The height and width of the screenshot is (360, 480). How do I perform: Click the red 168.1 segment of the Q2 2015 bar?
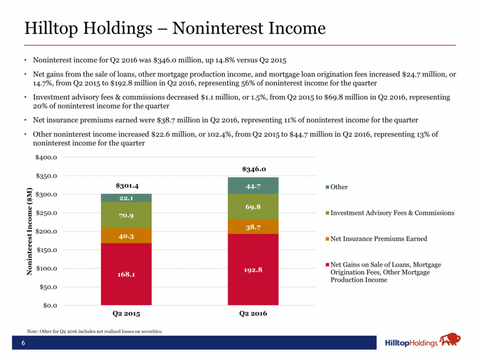[x=126, y=274]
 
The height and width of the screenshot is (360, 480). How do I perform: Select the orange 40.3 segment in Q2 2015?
[x=126, y=235]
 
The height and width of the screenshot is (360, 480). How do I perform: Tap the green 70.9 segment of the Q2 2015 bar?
[x=126, y=215]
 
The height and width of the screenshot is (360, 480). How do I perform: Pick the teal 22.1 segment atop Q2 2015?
[x=126, y=198]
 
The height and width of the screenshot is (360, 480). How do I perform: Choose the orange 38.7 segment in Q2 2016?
[x=254, y=227]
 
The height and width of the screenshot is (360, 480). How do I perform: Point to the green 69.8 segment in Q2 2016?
[x=254, y=206]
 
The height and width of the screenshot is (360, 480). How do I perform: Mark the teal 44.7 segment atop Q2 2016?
[x=254, y=185]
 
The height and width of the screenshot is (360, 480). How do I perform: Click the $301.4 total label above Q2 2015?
[x=126, y=186]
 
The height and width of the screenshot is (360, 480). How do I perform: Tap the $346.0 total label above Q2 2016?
[x=254, y=169]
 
